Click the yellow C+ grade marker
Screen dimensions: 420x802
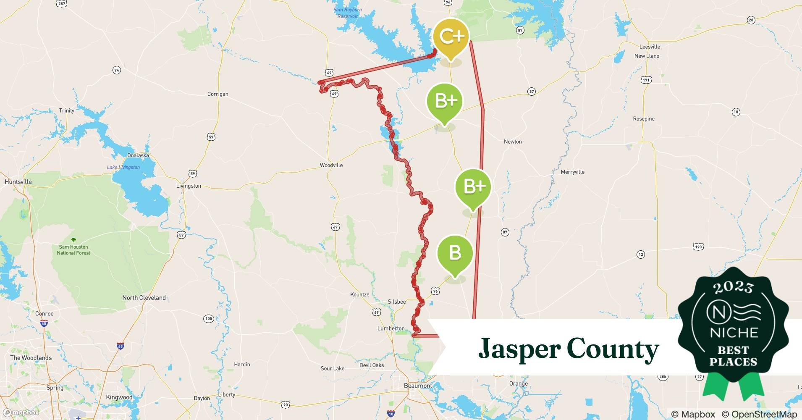(451, 37)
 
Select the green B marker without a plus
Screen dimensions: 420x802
(455, 253)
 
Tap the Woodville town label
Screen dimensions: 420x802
(331, 165)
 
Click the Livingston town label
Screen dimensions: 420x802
(189, 186)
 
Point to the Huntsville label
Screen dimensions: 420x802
(18, 182)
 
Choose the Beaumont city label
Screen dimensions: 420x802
(418, 386)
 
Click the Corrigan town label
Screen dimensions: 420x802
(218, 94)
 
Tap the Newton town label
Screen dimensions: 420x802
(513, 142)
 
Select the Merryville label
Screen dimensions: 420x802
(573, 172)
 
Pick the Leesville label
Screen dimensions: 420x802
(650, 47)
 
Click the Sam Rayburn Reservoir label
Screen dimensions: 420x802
(347, 13)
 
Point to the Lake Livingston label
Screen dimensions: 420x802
(123, 167)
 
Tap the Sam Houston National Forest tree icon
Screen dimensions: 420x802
(73, 240)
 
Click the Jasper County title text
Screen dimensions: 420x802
(569, 349)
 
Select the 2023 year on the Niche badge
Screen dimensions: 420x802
(733, 287)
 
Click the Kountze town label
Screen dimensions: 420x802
(360, 294)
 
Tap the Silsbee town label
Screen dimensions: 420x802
(397, 302)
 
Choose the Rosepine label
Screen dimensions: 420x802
(644, 119)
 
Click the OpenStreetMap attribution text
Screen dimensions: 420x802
(759, 414)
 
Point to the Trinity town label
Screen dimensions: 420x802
(67, 110)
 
